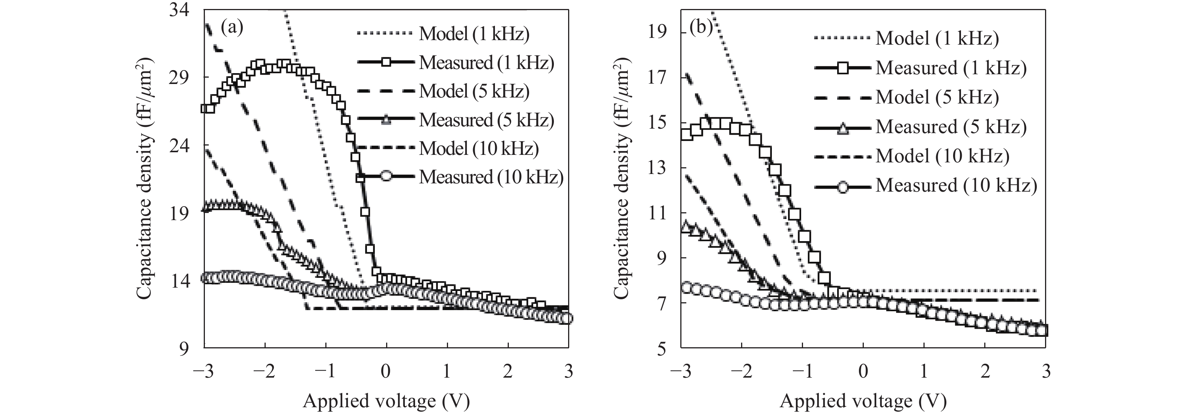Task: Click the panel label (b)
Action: [701, 28]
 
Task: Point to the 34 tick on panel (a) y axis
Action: [181, 10]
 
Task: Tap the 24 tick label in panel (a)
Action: [181, 146]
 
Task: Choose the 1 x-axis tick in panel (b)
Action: [924, 371]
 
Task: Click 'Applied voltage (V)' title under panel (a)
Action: [386, 401]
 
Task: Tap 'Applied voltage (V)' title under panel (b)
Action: [863, 401]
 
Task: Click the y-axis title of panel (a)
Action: [144, 179]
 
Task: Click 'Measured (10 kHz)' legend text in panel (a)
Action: [490, 177]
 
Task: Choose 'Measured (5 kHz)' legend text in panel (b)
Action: [951, 126]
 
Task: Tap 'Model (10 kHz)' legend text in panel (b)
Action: [943, 156]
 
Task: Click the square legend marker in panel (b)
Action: [842, 68]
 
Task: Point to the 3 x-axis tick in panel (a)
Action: [568, 371]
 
